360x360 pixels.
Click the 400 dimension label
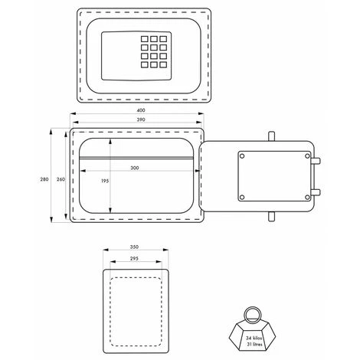pyautogui.click(x=141, y=110)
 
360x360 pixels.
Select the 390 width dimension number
pyautogui.click(x=141, y=119)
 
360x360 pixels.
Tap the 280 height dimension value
pyautogui.click(x=44, y=179)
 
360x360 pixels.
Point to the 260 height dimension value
pyautogui.click(x=61, y=179)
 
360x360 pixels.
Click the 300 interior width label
pyautogui.click(x=135, y=168)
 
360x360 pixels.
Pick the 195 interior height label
pyautogui.click(x=105, y=181)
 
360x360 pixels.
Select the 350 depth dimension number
pyautogui.click(x=134, y=247)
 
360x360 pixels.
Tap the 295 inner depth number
pyautogui.click(x=134, y=258)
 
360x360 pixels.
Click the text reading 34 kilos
pyautogui.click(x=254, y=338)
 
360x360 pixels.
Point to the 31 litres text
pyautogui.click(x=254, y=344)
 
